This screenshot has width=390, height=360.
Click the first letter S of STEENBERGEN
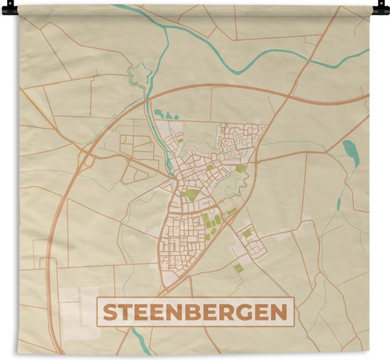tap(111, 313)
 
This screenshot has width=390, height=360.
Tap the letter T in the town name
tap(128, 313)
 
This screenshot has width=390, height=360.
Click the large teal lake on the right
tap(349, 149)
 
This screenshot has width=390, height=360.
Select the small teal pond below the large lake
tap(339, 204)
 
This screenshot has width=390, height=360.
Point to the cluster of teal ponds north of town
tap(162, 113)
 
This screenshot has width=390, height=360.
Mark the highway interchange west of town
tap(87, 157)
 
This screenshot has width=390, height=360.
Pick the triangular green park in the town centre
tap(190, 193)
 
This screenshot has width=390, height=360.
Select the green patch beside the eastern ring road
tap(241, 169)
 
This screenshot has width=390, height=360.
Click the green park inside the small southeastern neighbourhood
tap(247, 232)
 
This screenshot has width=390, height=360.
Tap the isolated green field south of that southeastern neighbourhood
tap(239, 267)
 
